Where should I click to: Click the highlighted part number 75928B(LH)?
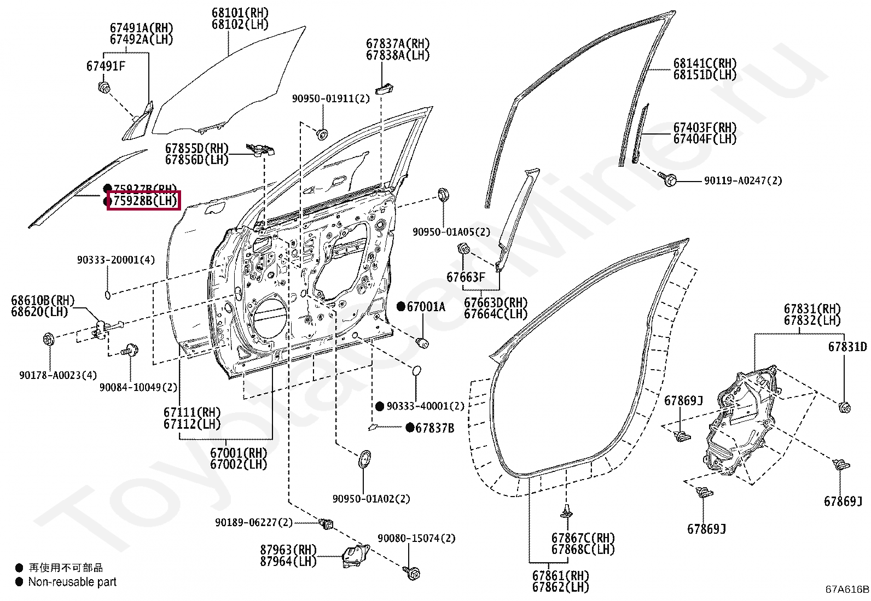[144, 201]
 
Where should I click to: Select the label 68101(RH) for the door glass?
[240, 13]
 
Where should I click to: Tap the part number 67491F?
[106, 66]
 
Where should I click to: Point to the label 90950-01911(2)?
[330, 98]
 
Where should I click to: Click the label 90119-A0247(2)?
[742, 180]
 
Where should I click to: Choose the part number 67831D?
[847, 347]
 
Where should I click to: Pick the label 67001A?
[426, 307]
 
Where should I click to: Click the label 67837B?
[434, 428]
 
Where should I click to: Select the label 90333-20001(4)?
[115, 260]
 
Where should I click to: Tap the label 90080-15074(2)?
[416, 538]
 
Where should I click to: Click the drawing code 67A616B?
[846, 589]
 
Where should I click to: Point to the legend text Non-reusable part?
[72, 582]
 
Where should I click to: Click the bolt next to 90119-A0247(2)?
[669, 179]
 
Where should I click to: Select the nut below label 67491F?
[103, 87]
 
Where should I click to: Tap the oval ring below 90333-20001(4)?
[108, 295]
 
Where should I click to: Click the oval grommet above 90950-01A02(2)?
[364, 459]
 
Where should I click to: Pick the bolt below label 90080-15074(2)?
[412, 573]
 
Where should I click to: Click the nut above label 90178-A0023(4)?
[48, 340]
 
